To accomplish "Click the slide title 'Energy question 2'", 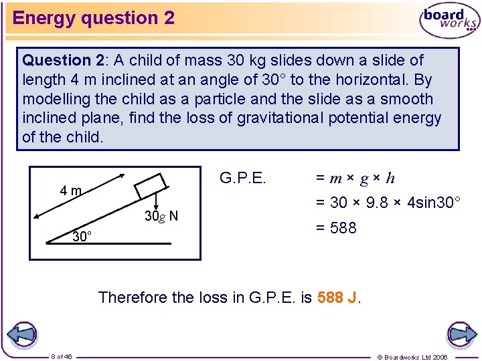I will coord(94,18).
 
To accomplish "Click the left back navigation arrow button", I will coord(21,334).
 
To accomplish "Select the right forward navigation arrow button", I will coord(461,334).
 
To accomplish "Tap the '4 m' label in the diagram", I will coord(70,191).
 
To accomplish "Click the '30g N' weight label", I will coord(161,216).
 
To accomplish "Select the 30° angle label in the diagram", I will coord(82,237).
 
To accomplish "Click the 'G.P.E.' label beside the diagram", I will coord(243,178).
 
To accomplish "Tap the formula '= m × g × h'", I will coord(355,178).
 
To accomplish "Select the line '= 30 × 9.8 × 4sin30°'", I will coord(388,203).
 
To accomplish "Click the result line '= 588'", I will coord(336,228).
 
